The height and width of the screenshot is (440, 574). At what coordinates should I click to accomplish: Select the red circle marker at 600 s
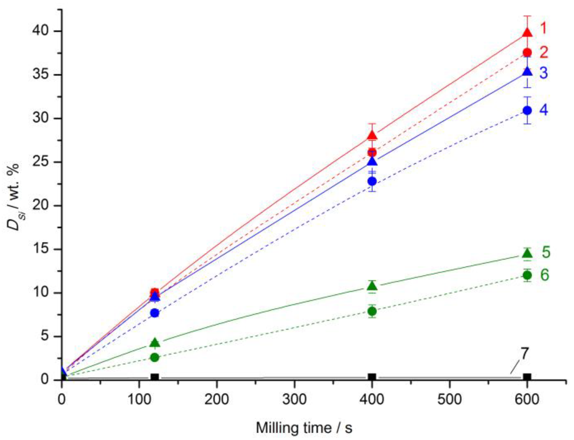click(527, 52)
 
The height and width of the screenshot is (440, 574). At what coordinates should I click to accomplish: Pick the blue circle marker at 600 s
click(527, 110)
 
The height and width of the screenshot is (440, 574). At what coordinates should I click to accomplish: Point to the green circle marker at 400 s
click(372, 311)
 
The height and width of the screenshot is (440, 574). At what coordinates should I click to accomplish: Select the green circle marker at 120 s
click(155, 357)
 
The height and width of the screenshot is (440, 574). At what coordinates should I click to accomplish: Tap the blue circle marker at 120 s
click(155, 313)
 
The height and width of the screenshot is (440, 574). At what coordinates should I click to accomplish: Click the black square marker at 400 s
click(372, 377)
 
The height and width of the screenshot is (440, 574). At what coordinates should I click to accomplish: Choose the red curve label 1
click(543, 29)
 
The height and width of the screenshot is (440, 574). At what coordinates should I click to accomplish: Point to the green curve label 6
click(545, 275)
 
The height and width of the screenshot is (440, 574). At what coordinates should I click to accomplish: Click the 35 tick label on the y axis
click(40, 75)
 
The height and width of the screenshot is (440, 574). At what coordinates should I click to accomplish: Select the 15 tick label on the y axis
click(40, 249)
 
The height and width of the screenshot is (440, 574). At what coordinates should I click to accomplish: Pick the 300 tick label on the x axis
click(294, 399)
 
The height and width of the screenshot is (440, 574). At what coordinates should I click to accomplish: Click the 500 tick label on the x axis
click(450, 399)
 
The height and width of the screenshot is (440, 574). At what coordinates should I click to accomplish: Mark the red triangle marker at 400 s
click(372, 135)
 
